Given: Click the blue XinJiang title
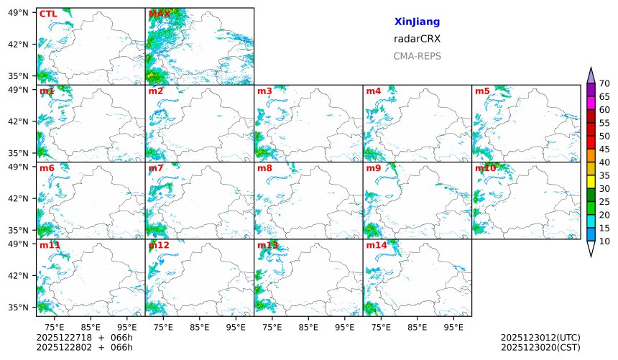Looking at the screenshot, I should [417, 22].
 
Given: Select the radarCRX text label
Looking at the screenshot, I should [417, 40].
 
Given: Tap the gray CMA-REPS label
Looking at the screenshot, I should [417, 56].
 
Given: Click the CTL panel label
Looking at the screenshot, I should [48, 14].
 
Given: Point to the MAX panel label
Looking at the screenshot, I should [159, 14].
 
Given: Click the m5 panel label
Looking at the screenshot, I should [482, 91].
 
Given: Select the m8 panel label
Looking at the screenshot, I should [264, 168].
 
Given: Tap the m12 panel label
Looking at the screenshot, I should [158, 245].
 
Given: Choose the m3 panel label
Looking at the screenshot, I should [264, 91].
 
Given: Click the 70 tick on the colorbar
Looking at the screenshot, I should [604, 83].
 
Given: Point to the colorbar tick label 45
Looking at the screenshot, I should [604, 149].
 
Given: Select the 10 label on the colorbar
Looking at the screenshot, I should [604, 241].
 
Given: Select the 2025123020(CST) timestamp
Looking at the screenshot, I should [540, 347].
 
